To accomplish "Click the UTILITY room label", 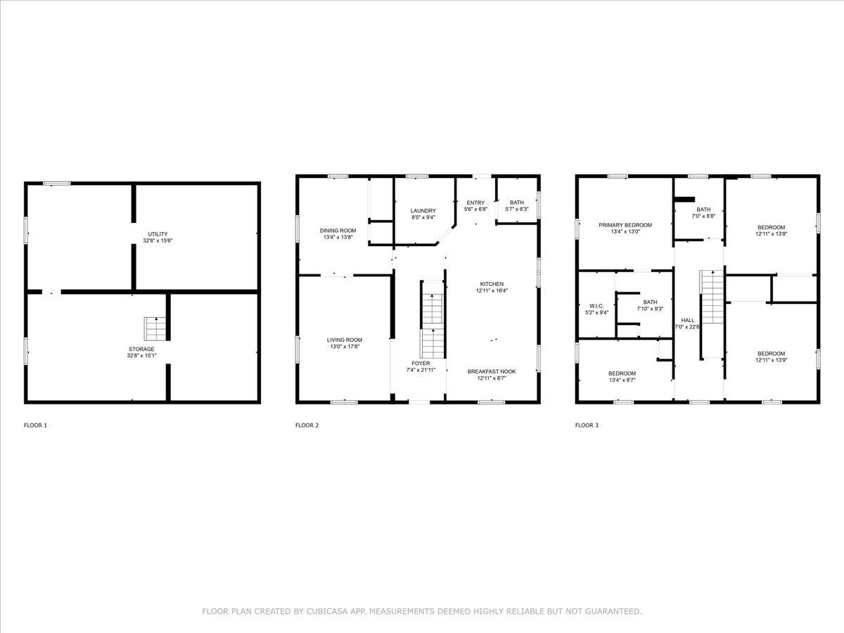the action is (x=158, y=234).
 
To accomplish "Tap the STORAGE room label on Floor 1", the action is (x=141, y=349).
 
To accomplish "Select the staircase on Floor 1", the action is (x=155, y=328).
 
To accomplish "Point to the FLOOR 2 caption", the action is (x=307, y=425).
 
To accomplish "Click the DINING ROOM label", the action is (x=338, y=231).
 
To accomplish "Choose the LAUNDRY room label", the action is (x=423, y=210).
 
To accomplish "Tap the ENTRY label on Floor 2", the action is (x=475, y=203).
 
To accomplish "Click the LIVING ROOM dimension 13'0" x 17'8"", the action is (x=345, y=346).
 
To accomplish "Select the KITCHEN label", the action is (x=492, y=284).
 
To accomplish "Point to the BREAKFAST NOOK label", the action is (x=492, y=371).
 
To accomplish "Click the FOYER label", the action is (x=421, y=363).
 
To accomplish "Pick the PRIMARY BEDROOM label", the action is (x=625, y=225).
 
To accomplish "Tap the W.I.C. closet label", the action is (x=596, y=306).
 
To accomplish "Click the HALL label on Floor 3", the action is (x=688, y=320).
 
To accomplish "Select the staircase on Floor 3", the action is (x=712, y=297).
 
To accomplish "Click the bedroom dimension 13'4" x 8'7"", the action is (x=622, y=380).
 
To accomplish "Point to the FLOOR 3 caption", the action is (x=587, y=425).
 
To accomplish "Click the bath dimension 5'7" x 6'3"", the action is (x=517, y=209).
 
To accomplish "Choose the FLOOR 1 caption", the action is (x=35, y=425).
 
